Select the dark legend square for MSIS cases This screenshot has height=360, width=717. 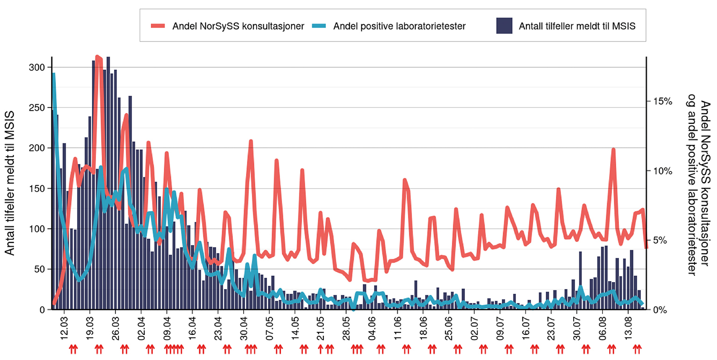pyautogui.click(x=504, y=26)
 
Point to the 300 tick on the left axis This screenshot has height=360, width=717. pyautogui.click(x=38, y=67)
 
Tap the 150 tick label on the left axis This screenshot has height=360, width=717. pyautogui.click(x=38, y=189)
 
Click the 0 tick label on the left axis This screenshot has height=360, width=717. pyautogui.click(x=42, y=310)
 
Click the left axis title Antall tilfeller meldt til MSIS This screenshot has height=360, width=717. pyautogui.click(x=10, y=184)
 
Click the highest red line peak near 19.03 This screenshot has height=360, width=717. pyautogui.click(x=97, y=57)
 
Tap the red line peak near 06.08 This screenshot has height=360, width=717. pyautogui.click(x=613, y=149)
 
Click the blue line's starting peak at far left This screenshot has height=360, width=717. pyautogui.click(x=54, y=74)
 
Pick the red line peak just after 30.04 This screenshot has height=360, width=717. pyautogui.click(x=251, y=141)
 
